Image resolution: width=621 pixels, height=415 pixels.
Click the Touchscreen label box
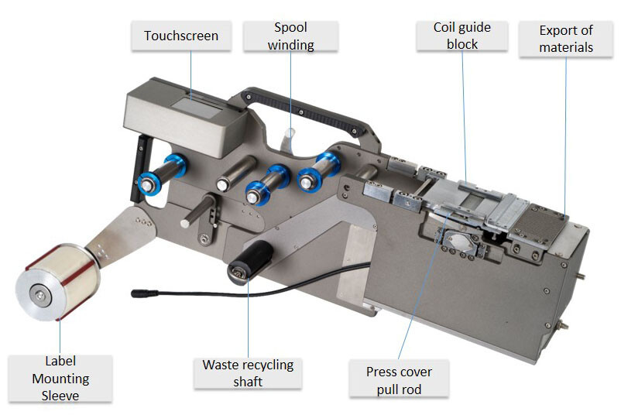click(x=181, y=36)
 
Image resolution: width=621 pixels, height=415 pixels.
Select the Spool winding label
click(x=290, y=36)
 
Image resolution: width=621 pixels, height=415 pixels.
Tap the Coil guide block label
click(x=462, y=36)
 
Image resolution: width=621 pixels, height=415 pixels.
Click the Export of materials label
click(x=566, y=38)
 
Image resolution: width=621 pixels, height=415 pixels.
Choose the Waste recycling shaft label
click(x=248, y=373)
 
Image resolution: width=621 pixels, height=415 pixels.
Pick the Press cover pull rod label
click(x=399, y=380)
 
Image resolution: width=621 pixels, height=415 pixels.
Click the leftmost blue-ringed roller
click(x=151, y=181)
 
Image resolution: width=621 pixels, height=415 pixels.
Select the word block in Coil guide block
click(x=462, y=45)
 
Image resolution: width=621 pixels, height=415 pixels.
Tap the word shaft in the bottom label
click(x=248, y=382)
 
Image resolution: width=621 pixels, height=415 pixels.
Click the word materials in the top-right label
click(x=566, y=46)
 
